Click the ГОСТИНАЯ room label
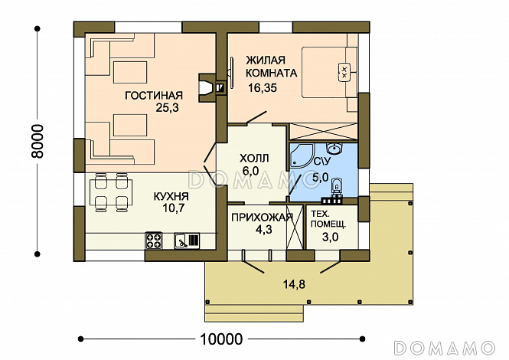click(154, 95)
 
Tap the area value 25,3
click(167, 107)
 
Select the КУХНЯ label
click(171, 196)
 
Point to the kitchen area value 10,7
click(173, 208)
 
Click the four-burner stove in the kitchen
click(154, 241)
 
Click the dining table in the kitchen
click(111, 192)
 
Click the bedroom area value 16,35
click(263, 88)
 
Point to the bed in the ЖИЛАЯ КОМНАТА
click(329, 72)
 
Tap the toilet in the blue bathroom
click(337, 187)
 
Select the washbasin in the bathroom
click(334, 149)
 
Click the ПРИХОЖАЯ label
click(262, 218)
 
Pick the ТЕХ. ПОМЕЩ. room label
click(328, 219)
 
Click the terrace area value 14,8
click(294, 285)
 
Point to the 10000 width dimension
click(221, 339)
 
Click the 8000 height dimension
click(37, 142)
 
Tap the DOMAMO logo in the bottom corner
click(445, 348)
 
